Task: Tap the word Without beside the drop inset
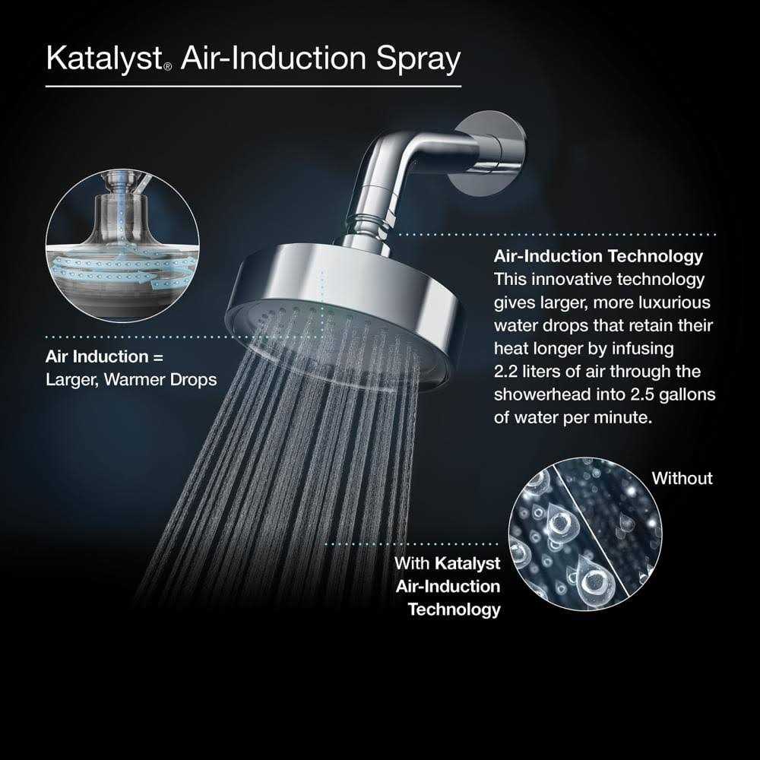pyautogui.click(x=682, y=478)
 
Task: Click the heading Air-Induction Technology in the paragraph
pyautogui.click(x=598, y=256)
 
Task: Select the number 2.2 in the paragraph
pyautogui.click(x=508, y=372)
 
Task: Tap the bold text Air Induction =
pyautogui.click(x=104, y=356)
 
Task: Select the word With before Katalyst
pyautogui.click(x=412, y=563)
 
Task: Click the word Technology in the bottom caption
pyautogui.click(x=454, y=610)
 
